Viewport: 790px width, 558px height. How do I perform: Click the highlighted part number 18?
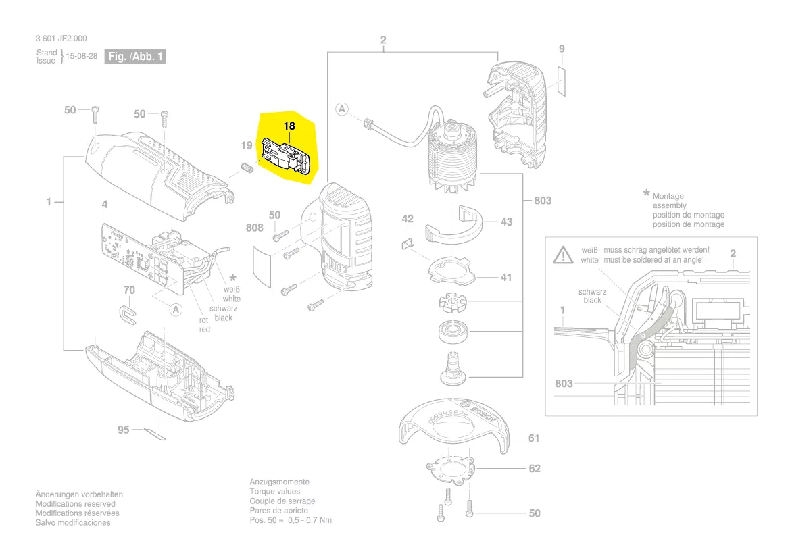click(289, 126)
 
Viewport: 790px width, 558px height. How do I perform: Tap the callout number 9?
click(562, 49)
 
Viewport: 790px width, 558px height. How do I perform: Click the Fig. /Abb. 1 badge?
click(136, 57)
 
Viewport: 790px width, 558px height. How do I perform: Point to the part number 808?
click(254, 228)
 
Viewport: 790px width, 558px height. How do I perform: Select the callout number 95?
click(123, 430)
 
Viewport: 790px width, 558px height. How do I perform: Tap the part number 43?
click(507, 222)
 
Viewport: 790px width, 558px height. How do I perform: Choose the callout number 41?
click(506, 277)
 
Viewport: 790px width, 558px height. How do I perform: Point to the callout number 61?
click(534, 438)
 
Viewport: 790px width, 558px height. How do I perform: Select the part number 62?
click(535, 468)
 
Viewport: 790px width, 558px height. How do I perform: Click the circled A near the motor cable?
click(343, 109)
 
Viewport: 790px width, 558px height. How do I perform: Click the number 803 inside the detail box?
click(564, 384)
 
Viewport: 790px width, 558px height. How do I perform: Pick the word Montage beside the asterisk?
click(668, 197)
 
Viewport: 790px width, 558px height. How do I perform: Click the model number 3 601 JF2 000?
click(61, 39)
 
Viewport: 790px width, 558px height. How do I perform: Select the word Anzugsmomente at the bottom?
click(279, 482)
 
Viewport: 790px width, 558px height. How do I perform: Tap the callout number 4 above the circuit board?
click(105, 203)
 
